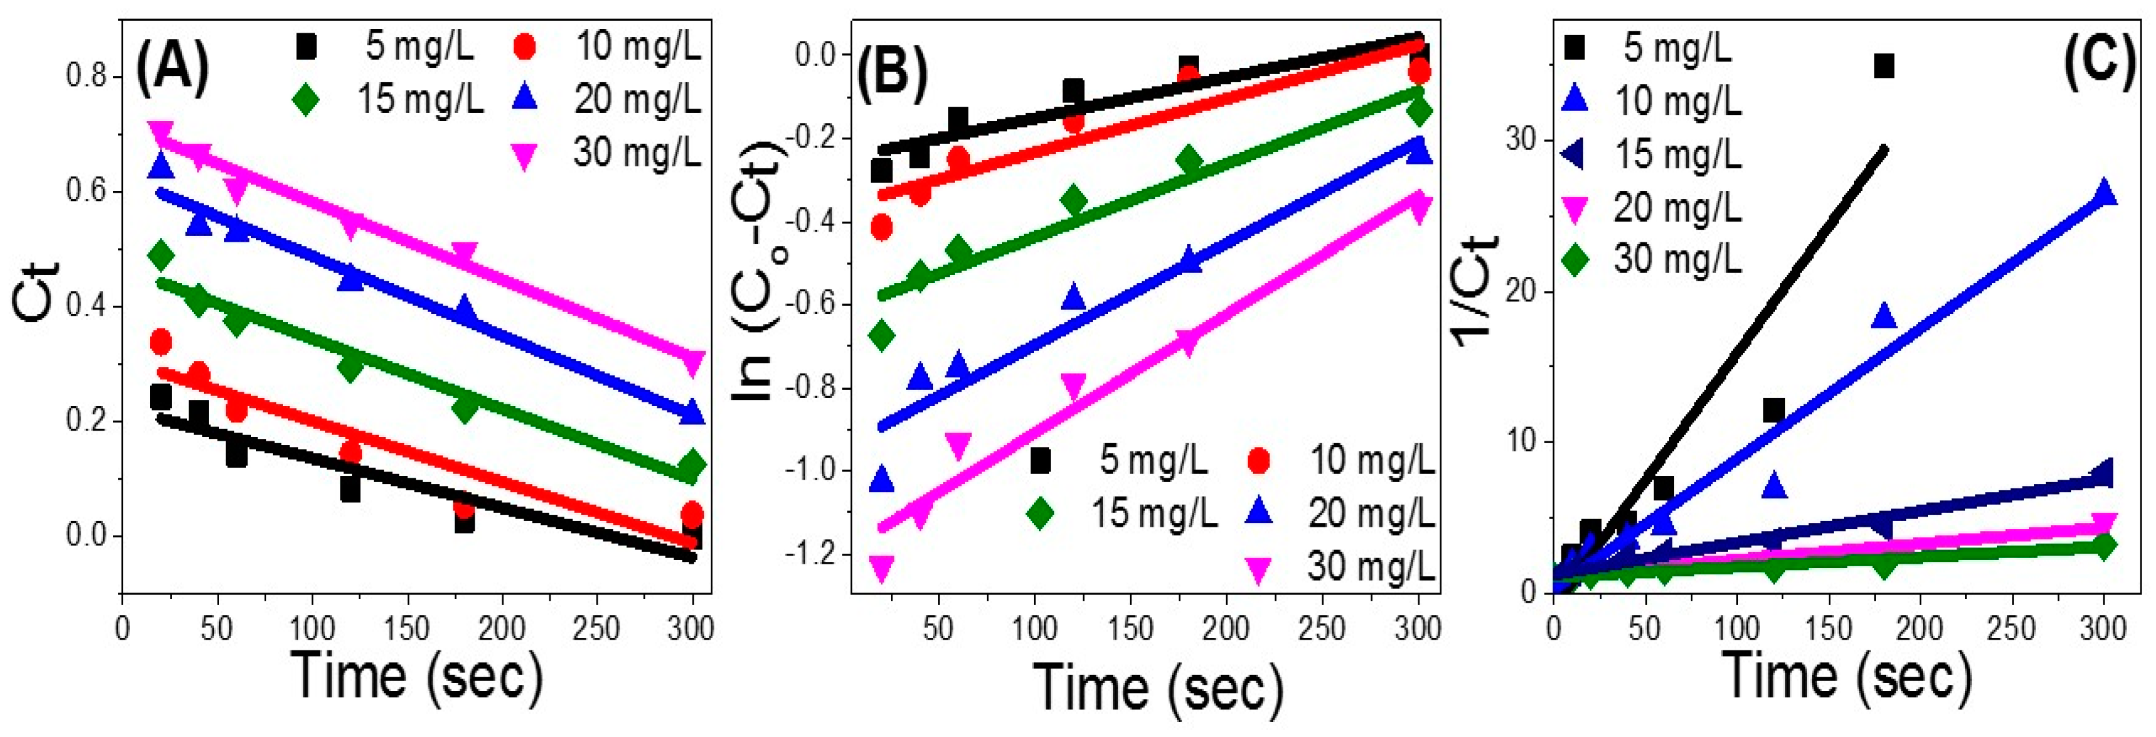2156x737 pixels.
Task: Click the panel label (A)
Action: click(x=173, y=70)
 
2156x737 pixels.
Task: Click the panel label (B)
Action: click(x=892, y=70)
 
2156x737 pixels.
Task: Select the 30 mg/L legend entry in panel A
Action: click(x=636, y=153)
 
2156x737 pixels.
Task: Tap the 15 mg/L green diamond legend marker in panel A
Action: click(x=306, y=100)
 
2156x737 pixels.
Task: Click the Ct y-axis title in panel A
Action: click(x=38, y=291)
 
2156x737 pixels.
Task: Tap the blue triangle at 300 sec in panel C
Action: click(x=2103, y=193)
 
